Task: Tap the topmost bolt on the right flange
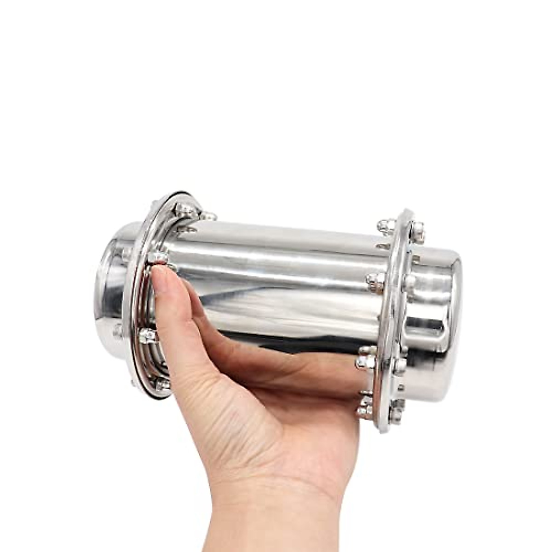[x=386, y=226]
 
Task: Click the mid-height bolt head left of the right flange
[x=375, y=281]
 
